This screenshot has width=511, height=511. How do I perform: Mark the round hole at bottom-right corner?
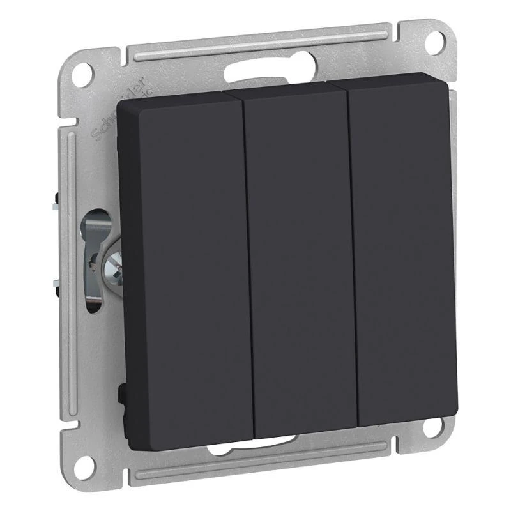pyautogui.click(x=434, y=427)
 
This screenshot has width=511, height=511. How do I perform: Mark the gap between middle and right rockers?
pyautogui.click(x=353, y=256)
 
